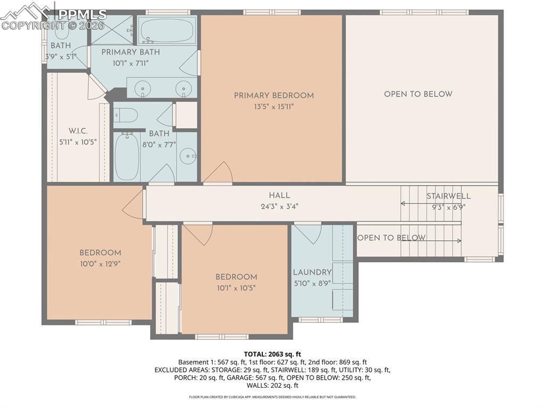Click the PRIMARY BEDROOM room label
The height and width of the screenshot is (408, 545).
click(x=274, y=96)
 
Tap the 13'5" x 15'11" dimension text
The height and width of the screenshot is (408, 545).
click(x=274, y=106)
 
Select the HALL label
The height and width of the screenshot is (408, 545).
click(x=279, y=196)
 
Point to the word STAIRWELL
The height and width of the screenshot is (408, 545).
click(x=448, y=196)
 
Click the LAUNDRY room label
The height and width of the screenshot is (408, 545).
click(x=312, y=273)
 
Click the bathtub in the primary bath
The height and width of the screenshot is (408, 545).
click(x=167, y=31)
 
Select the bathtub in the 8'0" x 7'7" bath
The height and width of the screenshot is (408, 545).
click(x=127, y=156)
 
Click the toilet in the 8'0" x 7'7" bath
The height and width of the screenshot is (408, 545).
click(x=126, y=115)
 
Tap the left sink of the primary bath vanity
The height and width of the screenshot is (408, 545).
click(x=142, y=89)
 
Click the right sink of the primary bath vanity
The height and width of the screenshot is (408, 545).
click(x=184, y=89)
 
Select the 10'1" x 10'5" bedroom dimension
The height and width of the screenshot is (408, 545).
click(x=236, y=288)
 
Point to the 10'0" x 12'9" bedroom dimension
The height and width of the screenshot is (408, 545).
click(x=100, y=263)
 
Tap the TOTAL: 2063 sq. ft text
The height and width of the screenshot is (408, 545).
click(x=272, y=354)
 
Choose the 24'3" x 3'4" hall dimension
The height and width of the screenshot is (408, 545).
click(x=279, y=206)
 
